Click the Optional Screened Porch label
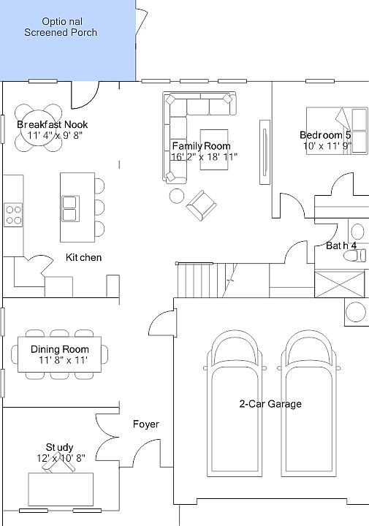pos(60,27)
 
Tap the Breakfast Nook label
pos(52,125)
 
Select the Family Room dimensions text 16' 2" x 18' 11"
pos(205,156)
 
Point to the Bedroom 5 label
pos(325,135)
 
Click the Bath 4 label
pos(341,246)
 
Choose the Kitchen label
pos(84,258)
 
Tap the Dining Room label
pos(60,349)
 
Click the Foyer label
pos(145,424)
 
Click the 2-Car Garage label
pos(270,404)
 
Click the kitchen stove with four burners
pos(14,214)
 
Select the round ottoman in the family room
pos(177,196)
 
